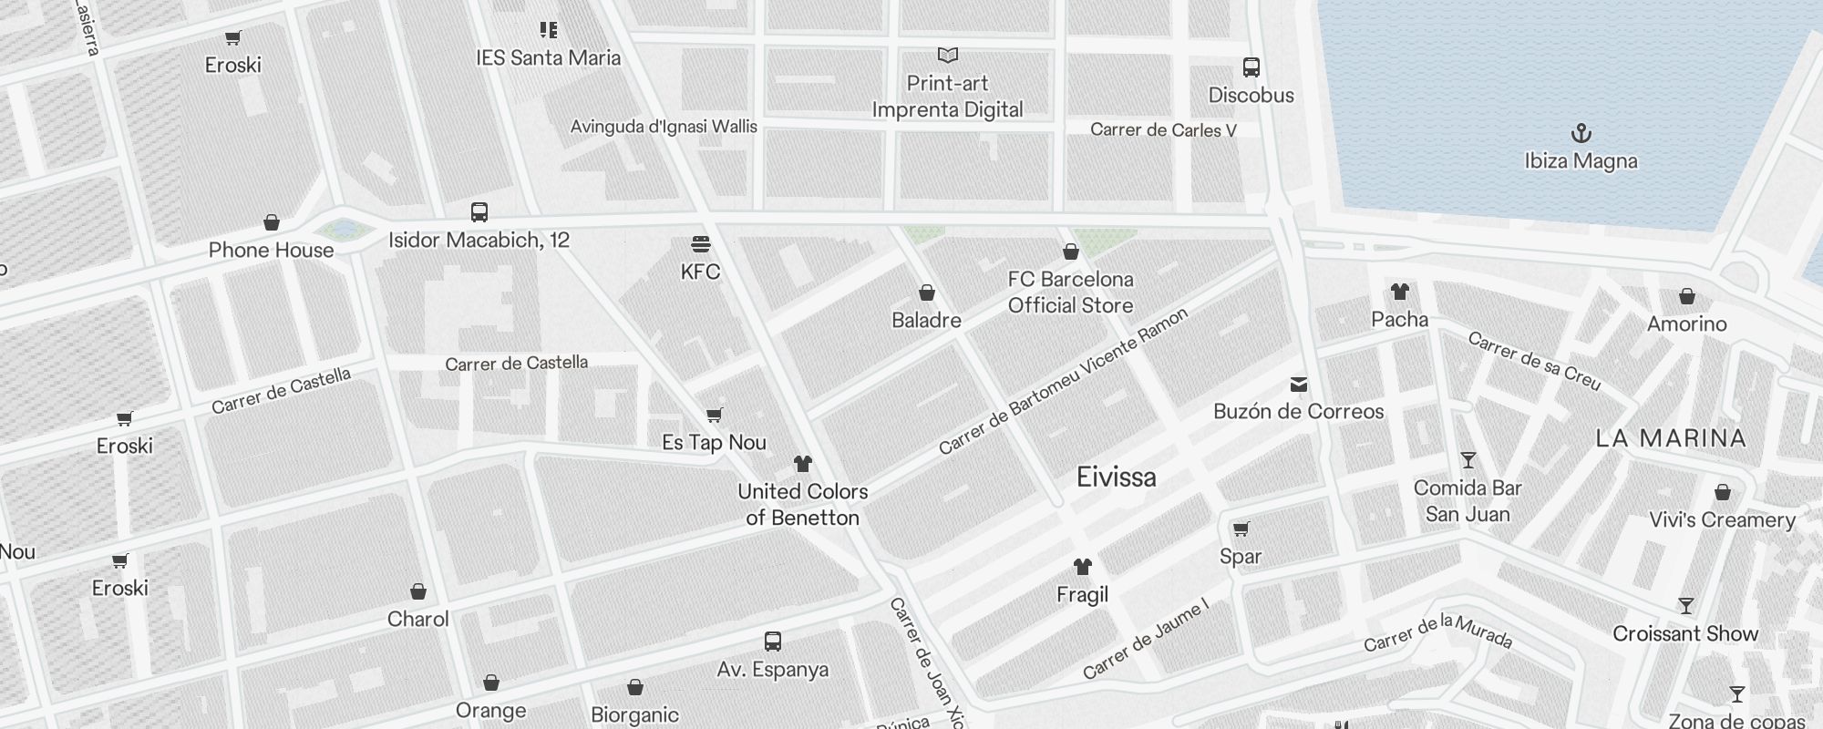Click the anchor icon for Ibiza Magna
(x=1581, y=134)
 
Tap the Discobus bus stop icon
(x=1251, y=67)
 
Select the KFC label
(x=700, y=272)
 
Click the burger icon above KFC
(x=700, y=244)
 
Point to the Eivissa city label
(x=1116, y=477)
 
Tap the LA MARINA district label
(x=1671, y=438)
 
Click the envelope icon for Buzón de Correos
(x=1299, y=385)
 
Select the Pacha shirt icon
(x=1400, y=292)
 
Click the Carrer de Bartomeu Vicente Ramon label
(x=1063, y=382)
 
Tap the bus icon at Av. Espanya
(x=773, y=641)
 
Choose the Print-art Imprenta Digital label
(x=947, y=97)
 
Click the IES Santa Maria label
(x=548, y=58)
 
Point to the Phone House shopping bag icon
(x=271, y=222)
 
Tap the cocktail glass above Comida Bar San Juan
(x=1468, y=460)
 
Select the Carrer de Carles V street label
(x=1163, y=130)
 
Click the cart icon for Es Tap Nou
(x=715, y=416)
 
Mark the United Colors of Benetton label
(x=802, y=504)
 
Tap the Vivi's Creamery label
(x=1722, y=520)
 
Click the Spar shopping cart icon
(x=1241, y=529)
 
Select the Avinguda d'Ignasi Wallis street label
(x=664, y=127)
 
